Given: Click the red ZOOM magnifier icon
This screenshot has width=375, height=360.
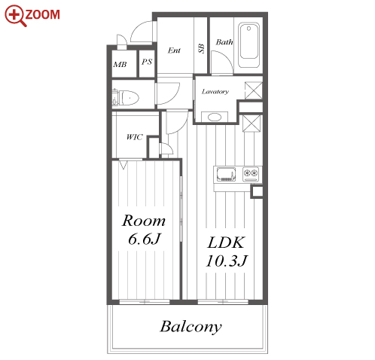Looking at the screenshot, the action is (16, 16).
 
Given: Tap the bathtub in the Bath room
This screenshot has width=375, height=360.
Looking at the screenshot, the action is (248, 45).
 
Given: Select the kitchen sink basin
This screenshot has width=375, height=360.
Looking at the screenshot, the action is (227, 175).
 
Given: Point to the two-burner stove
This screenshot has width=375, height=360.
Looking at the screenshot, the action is (251, 174).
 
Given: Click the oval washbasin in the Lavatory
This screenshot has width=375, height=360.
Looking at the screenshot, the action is (215, 117).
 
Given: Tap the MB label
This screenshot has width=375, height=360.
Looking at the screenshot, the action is (120, 65).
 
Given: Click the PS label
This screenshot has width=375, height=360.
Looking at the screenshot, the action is (147, 62).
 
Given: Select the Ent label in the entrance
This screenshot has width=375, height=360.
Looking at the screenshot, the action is (174, 50).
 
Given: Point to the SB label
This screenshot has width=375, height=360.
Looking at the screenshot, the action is (201, 48).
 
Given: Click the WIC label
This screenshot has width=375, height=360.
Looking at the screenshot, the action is (135, 137).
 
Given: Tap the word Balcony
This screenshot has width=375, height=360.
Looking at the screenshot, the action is (191, 327).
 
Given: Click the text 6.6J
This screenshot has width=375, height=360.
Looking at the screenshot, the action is (144, 239).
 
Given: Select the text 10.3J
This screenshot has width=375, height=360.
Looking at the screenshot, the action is (227, 261).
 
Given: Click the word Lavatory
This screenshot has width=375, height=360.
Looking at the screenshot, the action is (215, 92).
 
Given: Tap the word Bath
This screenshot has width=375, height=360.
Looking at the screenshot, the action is (224, 42).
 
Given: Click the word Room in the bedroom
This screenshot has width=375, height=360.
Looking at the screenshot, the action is (144, 221).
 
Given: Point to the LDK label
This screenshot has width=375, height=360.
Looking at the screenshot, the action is (226, 243).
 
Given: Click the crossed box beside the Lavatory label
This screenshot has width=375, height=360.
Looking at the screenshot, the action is (254, 90).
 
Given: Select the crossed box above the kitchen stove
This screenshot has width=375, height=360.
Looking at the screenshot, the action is (252, 124).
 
